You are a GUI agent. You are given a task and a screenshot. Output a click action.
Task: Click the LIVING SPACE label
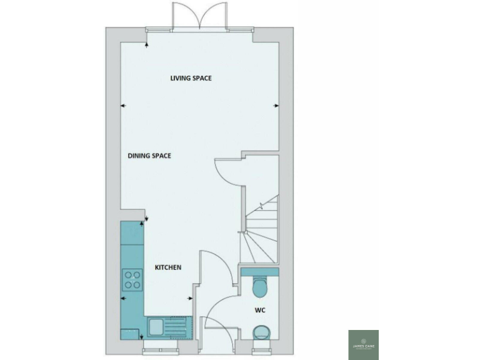coord(191,78)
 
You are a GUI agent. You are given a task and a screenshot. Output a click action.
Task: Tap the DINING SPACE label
coord(149,156)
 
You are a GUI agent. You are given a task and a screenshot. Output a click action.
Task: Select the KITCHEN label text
coord(168,267)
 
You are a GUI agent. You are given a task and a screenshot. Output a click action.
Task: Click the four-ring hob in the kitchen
coord(132,279)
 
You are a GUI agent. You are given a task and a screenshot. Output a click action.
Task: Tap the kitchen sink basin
coord(156,326)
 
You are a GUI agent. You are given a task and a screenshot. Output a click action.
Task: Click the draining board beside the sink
coord(178,326)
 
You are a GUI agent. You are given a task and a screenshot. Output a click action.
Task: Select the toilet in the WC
coord(260,287)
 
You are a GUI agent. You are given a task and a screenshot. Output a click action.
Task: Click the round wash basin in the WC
coord(261,332)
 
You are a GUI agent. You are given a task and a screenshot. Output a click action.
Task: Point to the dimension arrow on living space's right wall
coord(275,106)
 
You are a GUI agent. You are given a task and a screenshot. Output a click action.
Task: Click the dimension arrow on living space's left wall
coord(123,106)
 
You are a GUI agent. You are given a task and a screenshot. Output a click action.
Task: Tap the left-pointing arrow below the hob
coord(123,298)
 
